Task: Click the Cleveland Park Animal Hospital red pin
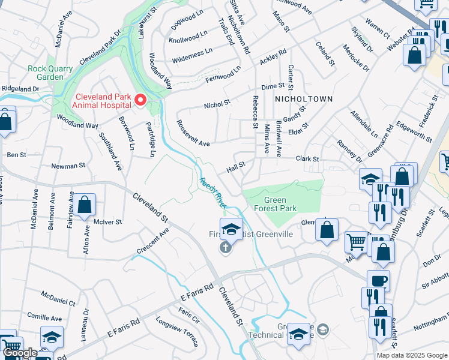pos(140,100)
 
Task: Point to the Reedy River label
pos(213,192)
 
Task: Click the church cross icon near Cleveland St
pos(225,248)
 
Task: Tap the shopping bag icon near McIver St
pos(85,205)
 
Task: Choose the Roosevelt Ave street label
pos(192,133)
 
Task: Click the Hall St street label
pos(237,164)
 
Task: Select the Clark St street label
pos(307,159)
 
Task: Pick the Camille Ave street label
pos(44,317)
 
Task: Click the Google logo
pos(20,353)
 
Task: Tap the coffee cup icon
pos(378,281)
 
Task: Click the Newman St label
pos(65,166)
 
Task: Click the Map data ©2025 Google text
pos(412,355)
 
